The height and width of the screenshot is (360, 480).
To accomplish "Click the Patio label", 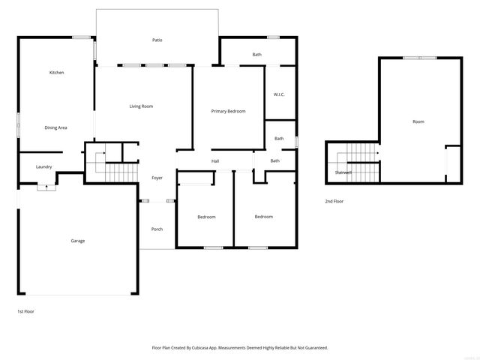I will [157, 40].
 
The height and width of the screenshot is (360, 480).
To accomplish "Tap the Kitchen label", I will [56, 73].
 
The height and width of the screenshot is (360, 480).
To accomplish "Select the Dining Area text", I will [56, 127].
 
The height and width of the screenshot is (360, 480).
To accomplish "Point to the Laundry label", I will [44, 166].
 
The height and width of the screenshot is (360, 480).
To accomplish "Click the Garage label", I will [77, 241].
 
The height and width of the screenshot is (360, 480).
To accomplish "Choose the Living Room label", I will [141, 106].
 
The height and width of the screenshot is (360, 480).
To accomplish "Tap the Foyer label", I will [157, 178].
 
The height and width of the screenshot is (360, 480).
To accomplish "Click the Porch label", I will [157, 229].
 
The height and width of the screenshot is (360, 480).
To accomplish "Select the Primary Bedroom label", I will [228, 111].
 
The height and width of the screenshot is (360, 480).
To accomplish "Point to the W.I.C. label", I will [279, 94].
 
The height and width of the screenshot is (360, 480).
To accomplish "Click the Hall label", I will [215, 160].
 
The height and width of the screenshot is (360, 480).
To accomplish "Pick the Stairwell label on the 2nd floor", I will [343, 172].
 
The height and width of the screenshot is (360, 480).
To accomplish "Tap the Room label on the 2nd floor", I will [418, 121].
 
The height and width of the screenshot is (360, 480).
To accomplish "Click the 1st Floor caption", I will [25, 310].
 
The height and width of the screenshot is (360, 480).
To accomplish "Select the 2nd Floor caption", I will [334, 201].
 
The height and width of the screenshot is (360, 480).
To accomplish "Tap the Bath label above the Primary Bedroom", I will [256, 55].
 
